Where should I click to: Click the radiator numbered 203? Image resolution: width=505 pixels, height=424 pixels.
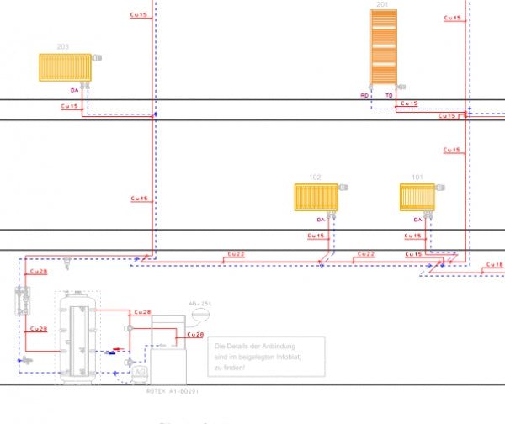(65, 66)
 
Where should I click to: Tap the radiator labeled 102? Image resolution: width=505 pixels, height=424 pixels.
(316, 197)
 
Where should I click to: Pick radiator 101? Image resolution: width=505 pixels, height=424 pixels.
(417, 196)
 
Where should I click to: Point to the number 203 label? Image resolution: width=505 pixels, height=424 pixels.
(62, 47)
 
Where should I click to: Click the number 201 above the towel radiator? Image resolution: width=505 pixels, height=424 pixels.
(382, 5)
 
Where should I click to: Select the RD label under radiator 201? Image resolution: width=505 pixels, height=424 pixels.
(364, 96)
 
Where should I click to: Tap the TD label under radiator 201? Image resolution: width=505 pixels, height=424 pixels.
(389, 96)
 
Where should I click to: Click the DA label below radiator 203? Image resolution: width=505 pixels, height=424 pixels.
(74, 88)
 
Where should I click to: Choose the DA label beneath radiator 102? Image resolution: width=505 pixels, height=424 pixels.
(320, 220)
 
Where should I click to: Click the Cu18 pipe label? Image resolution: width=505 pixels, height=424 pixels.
(495, 265)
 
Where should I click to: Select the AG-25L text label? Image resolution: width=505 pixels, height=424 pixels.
(200, 302)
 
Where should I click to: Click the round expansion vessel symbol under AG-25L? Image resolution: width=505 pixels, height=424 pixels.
(199, 315)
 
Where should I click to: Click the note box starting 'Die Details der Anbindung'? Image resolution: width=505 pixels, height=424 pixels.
(268, 358)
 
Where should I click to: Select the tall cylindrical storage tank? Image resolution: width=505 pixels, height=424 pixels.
(77, 337)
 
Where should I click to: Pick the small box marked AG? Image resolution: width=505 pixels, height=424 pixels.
(140, 371)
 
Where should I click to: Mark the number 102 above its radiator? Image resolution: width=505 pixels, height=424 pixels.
(315, 178)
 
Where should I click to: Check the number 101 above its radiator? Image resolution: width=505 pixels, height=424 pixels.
(417, 177)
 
